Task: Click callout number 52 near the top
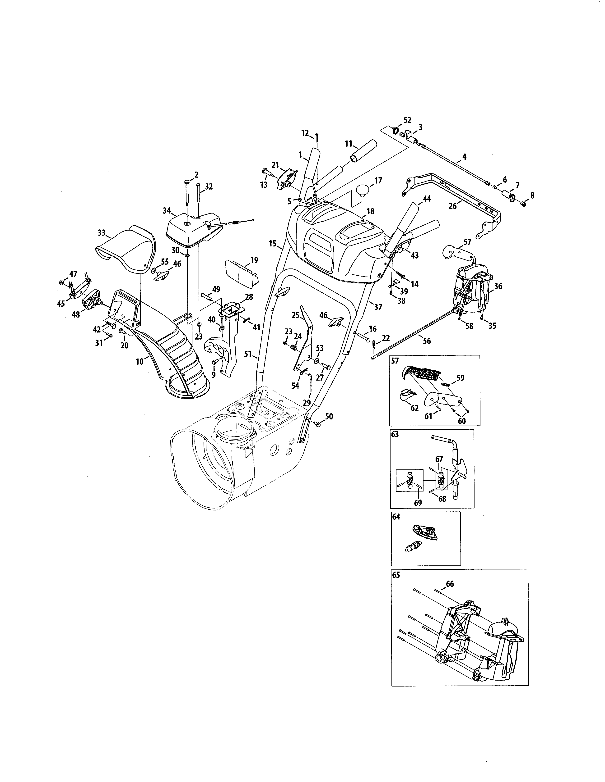(x=408, y=120)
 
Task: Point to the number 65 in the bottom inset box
(x=396, y=575)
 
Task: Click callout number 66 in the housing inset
(x=450, y=584)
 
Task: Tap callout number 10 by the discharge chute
(x=140, y=361)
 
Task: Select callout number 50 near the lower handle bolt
(x=329, y=416)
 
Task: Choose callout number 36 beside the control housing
(x=498, y=286)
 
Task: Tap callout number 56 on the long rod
(x=427, y=341)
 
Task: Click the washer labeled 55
(x=153, y=269)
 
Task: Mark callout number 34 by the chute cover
(x=167, y=210)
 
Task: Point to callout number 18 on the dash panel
(x=370, y=212)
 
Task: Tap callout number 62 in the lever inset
(x=415, y=408)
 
